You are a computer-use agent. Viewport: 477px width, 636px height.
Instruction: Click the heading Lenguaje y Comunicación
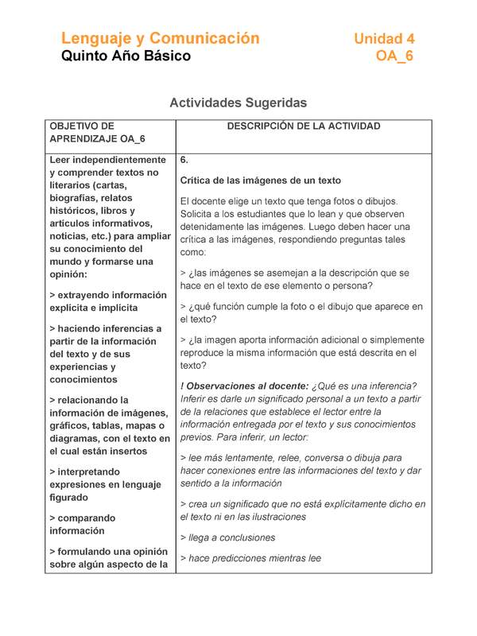161,38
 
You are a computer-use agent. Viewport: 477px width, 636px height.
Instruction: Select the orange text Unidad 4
384,38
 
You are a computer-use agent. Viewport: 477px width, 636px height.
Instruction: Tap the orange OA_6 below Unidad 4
394,56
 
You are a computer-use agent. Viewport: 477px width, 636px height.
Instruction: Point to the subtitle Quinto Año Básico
126,56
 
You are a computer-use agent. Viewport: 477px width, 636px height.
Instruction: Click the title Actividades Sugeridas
238,103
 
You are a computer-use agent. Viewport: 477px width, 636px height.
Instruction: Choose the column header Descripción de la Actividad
303,126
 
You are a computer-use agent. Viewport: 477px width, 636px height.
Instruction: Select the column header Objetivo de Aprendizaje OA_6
97,133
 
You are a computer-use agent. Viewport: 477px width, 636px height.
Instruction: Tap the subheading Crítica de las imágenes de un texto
261,180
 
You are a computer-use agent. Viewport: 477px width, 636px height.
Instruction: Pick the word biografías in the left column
79,198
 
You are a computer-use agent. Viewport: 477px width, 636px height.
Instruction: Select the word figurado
70,497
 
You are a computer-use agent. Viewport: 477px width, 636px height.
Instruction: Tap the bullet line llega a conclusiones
227,537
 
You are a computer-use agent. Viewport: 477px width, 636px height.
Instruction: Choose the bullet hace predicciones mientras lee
250,559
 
